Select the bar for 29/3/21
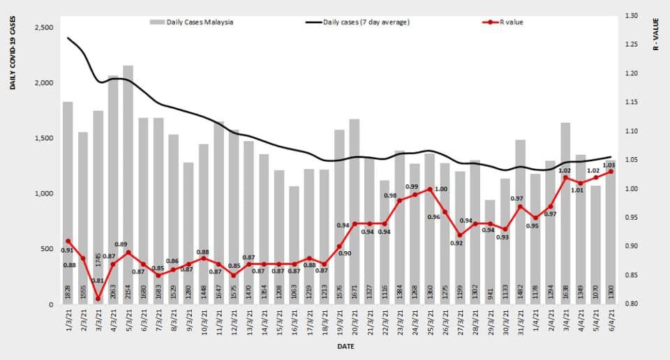coord(491,252)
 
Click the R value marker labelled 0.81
coord(98,299)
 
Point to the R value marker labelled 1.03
coord(611,172)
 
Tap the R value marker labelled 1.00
coord(430,189)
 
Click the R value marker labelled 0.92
coord(460,235)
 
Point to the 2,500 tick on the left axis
coord(43,27)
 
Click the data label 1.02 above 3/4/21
coord(565,170)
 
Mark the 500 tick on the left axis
coord(47,249)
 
